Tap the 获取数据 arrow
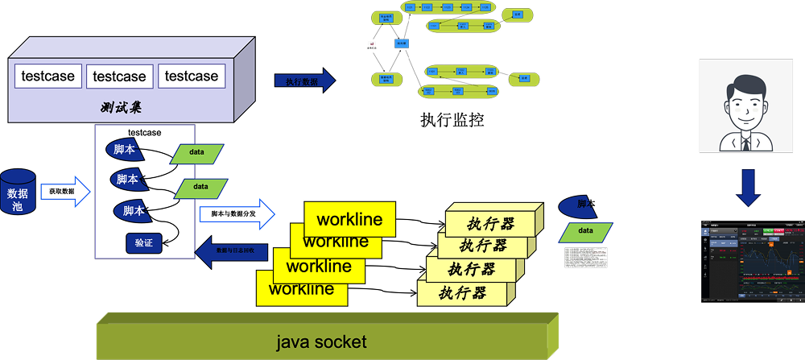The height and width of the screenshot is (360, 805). point(64,192)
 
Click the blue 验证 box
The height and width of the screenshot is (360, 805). point(144,242)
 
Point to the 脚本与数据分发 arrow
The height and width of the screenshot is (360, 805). point(236,214)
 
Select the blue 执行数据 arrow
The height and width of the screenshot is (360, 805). point(303,81)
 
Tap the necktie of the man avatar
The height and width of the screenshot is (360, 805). point(746,143)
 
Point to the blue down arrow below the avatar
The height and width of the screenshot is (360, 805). point(749,188)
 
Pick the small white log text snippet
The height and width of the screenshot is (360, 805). point(585,257)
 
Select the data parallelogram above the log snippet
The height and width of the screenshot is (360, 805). point(585,230)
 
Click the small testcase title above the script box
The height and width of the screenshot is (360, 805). point(144,131)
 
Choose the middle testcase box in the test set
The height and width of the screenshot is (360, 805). point(119,77)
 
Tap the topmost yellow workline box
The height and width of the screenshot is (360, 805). point(349,219)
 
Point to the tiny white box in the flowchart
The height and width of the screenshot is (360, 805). point(371,43)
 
